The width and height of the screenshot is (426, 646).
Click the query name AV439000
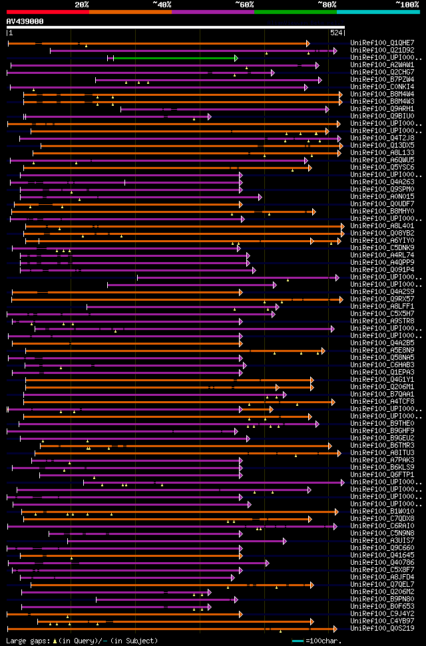[25, 21]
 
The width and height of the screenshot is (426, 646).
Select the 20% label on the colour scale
[82, 5]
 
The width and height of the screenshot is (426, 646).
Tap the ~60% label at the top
[244, 5]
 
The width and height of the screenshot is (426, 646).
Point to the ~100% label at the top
[407, 5]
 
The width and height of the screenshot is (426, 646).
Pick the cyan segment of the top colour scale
[378, 11]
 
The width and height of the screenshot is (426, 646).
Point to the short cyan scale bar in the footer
[298, 641]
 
